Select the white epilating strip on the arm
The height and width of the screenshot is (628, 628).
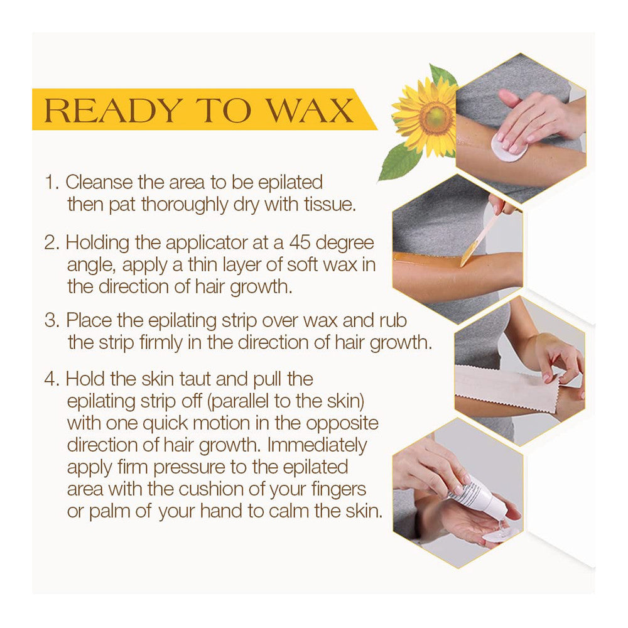pos(509,389)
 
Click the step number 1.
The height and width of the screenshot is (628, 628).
pos(51,183)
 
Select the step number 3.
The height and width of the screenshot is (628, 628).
pos(51,320)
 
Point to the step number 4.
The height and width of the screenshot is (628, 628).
pos(51,379)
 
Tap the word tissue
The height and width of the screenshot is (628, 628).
pos(330,205)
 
